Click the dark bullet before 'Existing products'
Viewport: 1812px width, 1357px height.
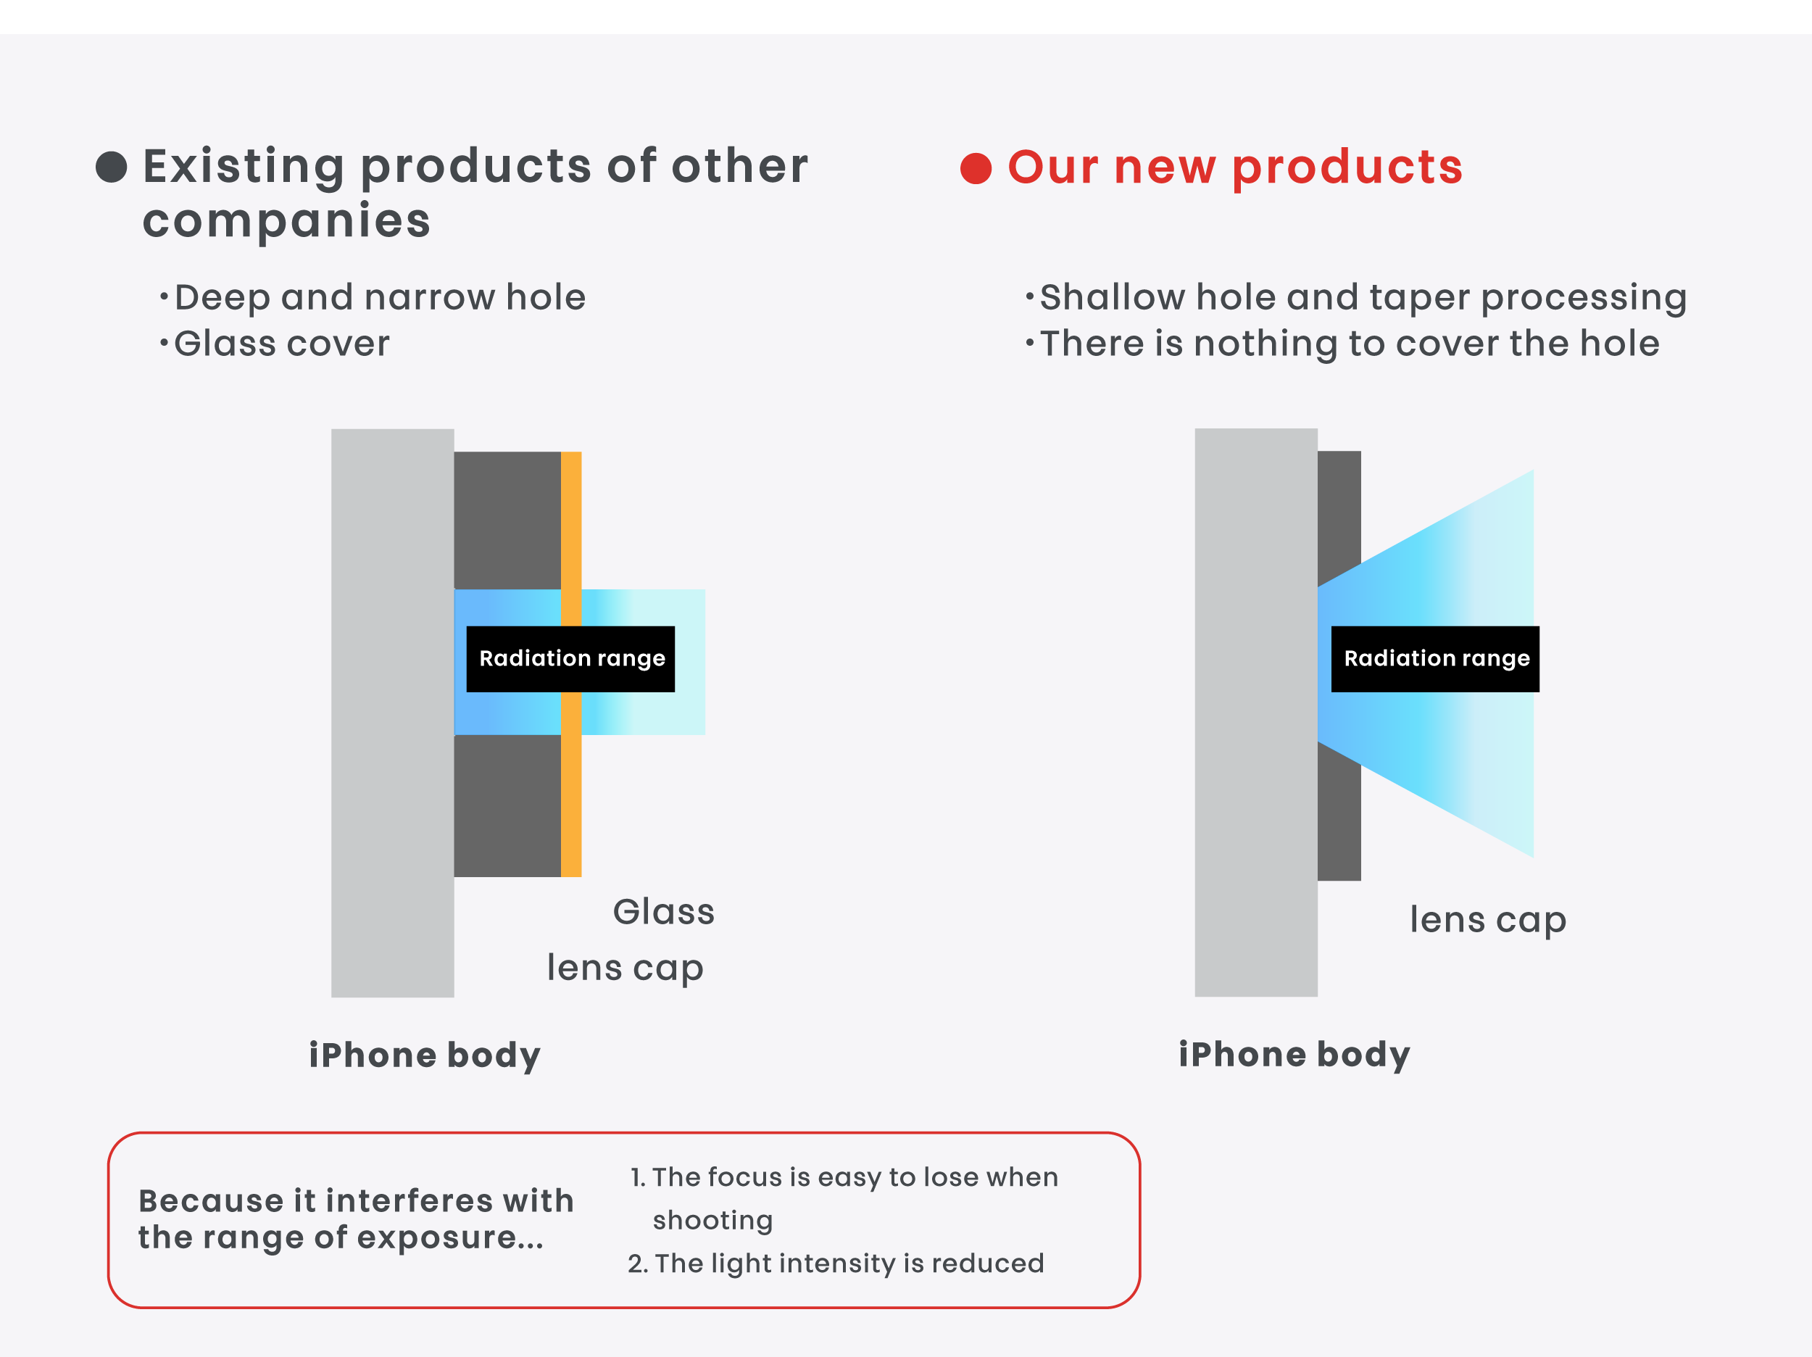tap(112, 167)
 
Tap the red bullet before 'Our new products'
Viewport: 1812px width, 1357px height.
tap(976, 168)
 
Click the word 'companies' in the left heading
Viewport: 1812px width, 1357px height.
tap(287, 221)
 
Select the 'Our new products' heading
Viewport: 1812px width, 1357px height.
tap(1235, 167)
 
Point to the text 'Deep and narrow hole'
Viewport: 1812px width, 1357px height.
tap(380, 296)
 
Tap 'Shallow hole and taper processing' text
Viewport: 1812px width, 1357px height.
tap(1363, 297)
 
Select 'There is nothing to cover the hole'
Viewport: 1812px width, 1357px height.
tap(1349, 344)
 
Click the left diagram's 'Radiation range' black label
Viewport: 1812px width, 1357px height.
tap(571, 659)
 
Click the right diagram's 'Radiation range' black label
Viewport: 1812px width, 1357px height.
tap(1435, 659)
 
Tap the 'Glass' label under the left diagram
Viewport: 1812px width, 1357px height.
tap(663, 911)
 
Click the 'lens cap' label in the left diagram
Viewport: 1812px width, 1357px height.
tap(625, 968)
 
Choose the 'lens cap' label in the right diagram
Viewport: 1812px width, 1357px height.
tap(1487, 920)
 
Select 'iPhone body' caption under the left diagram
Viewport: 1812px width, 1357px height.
tap(424, 1055)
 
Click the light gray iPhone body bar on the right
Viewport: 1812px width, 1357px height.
tap(1256, 712)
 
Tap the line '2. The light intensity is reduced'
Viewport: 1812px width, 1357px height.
tap(836, 1263)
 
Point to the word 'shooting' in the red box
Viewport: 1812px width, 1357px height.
tap(712, 1221)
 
